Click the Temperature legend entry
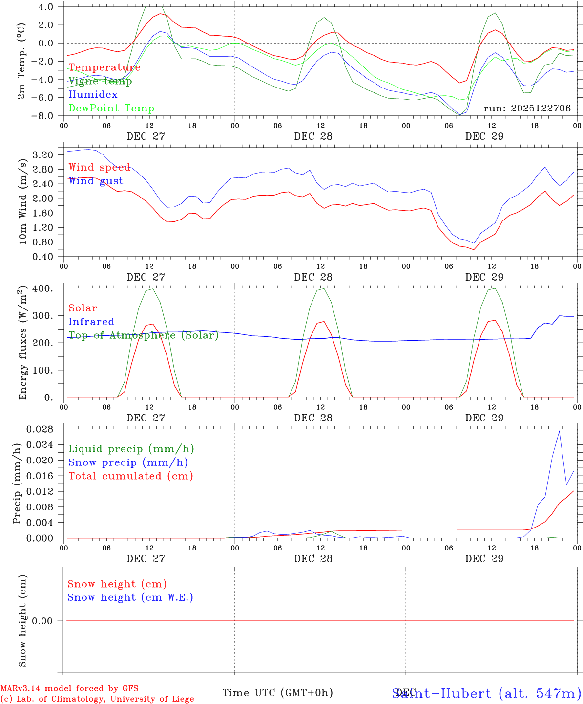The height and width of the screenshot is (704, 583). [x=104, y=67]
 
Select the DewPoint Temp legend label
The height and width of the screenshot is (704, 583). [x=111, y=109]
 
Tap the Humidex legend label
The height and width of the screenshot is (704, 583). [x=93, y=95]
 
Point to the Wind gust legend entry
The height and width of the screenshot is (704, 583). [x=96, y=181]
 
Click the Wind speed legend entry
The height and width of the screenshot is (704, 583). [x=99, y=168]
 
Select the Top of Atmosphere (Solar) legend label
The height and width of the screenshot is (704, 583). [x=143, y=335]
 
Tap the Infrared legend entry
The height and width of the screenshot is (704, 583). [x=91, y=322]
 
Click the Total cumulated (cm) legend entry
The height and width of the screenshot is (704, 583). [x=130, y=476]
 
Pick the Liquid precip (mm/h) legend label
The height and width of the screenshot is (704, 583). [x=131, y=449]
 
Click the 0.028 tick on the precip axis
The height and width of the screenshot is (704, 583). [x=42, y=429]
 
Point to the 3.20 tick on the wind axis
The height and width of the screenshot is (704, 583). [x=44, y=155]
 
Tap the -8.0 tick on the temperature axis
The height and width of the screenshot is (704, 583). [x=43, y=116]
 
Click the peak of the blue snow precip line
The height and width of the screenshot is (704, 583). [x=559, y=431]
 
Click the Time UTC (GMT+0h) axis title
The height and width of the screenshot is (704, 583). [x=277, y=693]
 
